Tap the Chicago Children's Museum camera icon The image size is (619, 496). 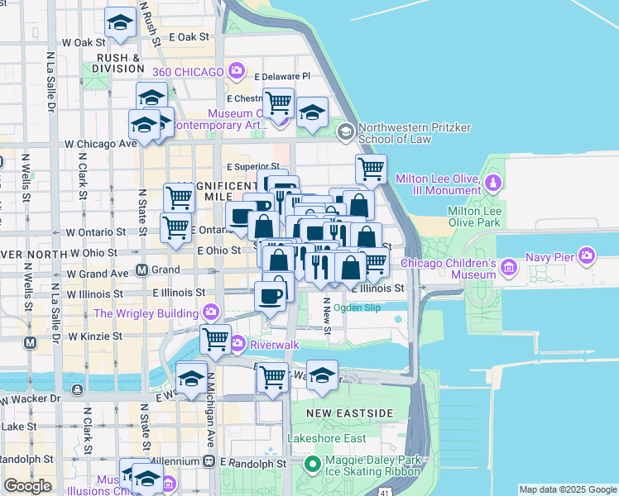click(507, 267)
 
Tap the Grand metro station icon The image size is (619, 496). click(142, 269)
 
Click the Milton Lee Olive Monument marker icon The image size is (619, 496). click(493, 182)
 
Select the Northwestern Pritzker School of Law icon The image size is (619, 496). click(346, 131)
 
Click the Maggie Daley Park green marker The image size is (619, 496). click(312, 464)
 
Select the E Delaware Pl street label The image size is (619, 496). click(286, 75)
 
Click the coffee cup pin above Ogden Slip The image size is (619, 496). click(271, 295)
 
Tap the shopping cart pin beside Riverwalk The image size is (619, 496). click(216, 337)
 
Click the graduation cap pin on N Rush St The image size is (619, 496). click(122, 24)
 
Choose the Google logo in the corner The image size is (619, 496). click(28, 486)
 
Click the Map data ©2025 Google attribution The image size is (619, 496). click(568, 489)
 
